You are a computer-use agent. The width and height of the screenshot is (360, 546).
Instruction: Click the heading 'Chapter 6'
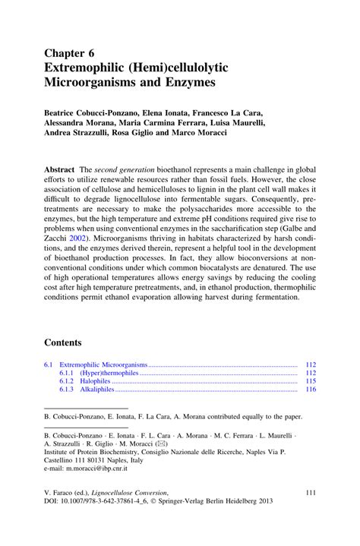click(x=70, y=53)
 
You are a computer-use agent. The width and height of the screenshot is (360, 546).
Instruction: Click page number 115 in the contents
click(x=310, y=381)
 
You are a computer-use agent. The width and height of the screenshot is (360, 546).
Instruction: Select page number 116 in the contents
click(x=310, y=390)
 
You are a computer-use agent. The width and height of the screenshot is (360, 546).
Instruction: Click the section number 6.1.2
click(x=65, y=381)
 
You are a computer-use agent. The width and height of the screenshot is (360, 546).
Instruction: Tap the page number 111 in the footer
click(x=310, y=492)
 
